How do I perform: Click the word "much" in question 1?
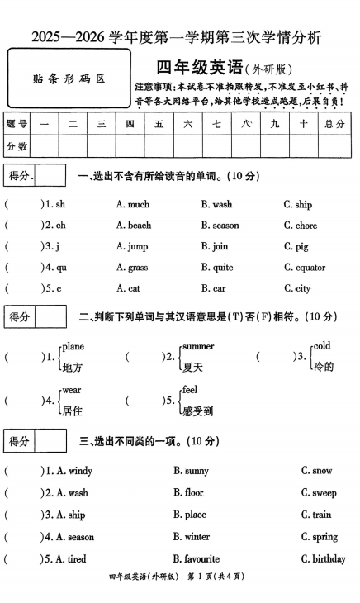[x=138, y=204]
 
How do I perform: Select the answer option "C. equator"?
[x=304, y=268]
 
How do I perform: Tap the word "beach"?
[x=139, y=225]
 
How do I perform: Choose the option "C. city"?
[x=297, y=288]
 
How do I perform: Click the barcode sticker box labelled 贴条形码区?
[x=69, y=79]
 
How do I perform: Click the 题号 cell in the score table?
[x=17, y=124]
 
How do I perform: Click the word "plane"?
[x=73, y=346]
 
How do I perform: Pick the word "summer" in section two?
[x=197, y=346]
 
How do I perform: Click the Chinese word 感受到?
[x=197, y=410]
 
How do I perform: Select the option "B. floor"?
[x=188, y=493]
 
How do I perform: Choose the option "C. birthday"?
[x=323, y=559]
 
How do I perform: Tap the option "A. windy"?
[x=69, y=471]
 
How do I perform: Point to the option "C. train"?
[x=316, y=515]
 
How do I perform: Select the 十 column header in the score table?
[x=303, y=124]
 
